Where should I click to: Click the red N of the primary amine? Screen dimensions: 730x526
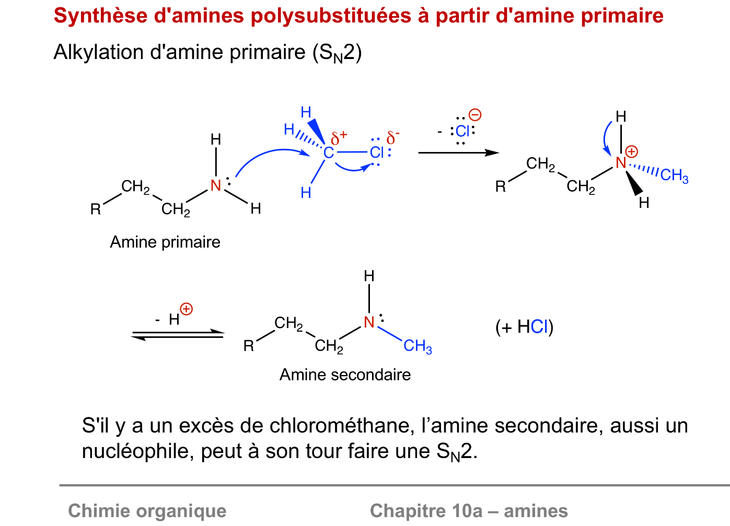(x=216, y=185)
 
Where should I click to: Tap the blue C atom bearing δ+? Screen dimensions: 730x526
(x=328, y=153)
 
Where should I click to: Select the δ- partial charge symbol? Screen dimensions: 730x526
(x=392, y=138)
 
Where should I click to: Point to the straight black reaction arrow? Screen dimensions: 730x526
(x=458, y=153)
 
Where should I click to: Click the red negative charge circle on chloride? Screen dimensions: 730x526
(x=475, y=115)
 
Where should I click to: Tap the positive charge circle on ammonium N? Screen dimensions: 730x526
(x=632, y=152)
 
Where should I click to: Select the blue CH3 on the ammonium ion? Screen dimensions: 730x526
(x=674, y=176)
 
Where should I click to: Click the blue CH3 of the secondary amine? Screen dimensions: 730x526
(x=418, y=346)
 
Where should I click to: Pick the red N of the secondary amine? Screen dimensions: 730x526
(x=369, y=322)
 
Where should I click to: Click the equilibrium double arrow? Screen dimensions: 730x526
(x=178, y=334)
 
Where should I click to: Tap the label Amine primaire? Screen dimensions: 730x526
(x=165, y=242)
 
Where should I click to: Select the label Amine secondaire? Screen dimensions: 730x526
(x=345, y=375)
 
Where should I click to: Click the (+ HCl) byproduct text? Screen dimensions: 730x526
(x=524, y=327)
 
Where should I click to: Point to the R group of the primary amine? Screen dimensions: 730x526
(x=95, y=209)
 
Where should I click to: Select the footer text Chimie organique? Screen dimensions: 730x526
(x=147, y=510)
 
